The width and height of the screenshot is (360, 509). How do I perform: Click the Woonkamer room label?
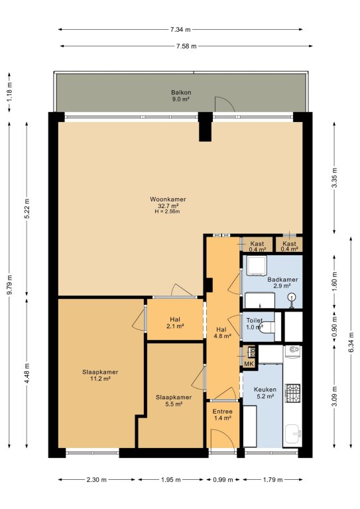tap(168, 199)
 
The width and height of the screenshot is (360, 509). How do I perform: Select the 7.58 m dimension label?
tap(186, 46)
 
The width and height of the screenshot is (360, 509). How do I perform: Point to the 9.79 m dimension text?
tap(10, 284)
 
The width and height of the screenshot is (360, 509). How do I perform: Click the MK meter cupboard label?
tap(249, 364)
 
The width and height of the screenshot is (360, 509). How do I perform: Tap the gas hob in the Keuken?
tap(292, 393)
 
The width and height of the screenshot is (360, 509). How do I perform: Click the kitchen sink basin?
tap(293, 433)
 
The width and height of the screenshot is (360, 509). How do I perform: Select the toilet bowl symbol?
tap(268, 327)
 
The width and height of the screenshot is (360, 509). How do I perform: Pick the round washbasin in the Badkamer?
tap(292, 298)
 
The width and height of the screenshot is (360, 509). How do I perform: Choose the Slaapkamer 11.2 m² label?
tap(100, 375)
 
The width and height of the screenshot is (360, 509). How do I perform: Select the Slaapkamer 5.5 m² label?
tap(174, 400)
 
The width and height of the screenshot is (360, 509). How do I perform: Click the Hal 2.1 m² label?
tap(175, 323)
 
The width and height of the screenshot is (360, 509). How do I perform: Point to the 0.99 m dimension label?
tap(223, 479)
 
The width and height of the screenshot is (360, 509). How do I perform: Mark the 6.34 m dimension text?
tap(351, 343)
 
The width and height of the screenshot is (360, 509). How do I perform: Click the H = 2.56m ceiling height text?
tap(167, 211)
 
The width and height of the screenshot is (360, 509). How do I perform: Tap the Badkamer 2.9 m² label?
tap(282, 283)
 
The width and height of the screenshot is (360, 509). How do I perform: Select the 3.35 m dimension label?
tap(335, 178)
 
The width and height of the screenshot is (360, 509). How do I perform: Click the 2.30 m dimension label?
tap(96, 479)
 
